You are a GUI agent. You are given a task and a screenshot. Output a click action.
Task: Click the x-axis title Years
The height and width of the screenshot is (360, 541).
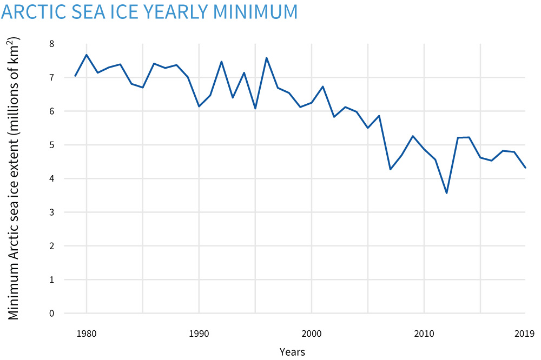point(292,352)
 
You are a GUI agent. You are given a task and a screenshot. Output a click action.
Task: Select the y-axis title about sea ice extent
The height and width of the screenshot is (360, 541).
point(14,178)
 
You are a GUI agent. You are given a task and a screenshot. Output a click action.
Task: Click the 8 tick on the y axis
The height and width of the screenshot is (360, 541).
point(52,44)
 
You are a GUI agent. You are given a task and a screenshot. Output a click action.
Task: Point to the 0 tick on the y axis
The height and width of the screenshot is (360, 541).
point(52,314)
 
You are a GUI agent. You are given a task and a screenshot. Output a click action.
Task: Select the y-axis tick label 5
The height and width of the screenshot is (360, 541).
point(52,145)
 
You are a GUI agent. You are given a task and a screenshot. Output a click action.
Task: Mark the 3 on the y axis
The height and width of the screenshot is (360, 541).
point(52,212)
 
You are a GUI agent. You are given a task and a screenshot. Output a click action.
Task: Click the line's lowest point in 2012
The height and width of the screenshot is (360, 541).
point(446,193)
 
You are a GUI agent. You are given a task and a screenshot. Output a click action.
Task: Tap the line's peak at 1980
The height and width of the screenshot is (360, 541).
point(87,55)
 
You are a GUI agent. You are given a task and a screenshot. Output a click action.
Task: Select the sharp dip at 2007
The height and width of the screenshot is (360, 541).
point(390,170)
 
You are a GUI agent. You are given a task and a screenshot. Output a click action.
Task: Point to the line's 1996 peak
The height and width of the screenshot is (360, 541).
point(267,58)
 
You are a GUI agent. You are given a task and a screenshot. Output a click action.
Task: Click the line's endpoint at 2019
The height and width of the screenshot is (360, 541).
point(525,168)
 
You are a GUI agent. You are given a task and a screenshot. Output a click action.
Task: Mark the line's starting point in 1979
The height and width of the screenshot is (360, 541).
point(75,76)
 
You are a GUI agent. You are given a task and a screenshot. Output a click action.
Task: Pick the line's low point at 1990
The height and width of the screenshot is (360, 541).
point(199,106)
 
